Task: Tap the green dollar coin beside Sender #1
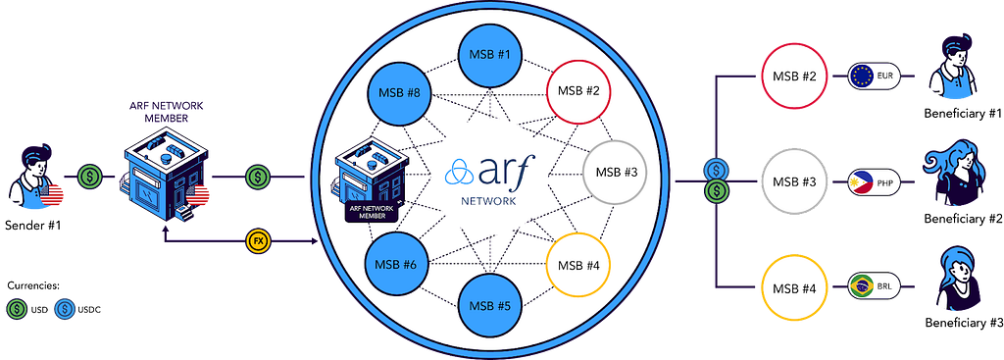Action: [89, 175]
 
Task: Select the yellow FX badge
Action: [258, 241]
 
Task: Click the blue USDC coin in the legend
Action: [63, 309]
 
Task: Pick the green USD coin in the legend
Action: [16, 309]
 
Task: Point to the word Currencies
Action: [33, 285]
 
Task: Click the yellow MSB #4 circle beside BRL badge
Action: [794, 286]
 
